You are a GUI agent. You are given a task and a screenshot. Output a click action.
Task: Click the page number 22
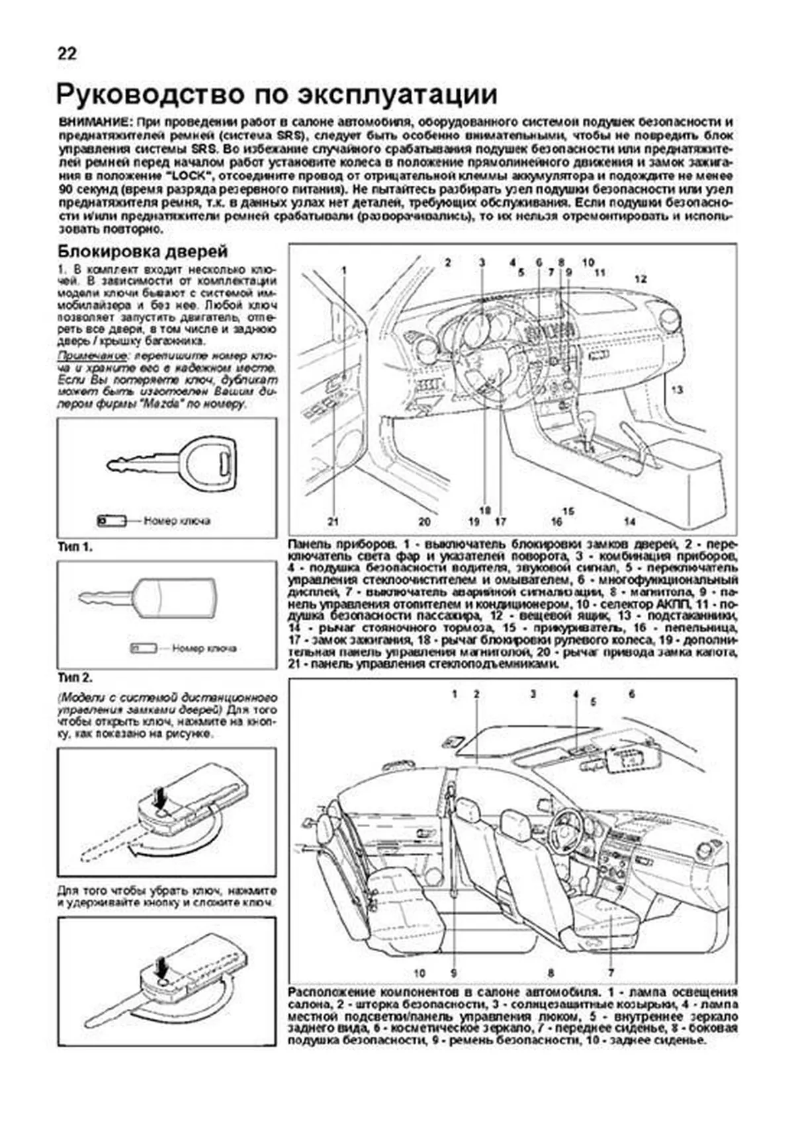(67, 54)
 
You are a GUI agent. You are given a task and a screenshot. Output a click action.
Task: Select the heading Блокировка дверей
(143, 251)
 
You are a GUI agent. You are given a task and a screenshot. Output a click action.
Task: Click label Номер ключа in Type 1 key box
(177, 521)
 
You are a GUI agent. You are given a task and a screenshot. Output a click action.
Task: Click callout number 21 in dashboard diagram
(333, 522)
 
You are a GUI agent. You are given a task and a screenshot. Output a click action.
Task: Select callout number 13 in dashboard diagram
(677, 390)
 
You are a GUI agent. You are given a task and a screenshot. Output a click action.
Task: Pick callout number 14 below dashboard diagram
(629, 522)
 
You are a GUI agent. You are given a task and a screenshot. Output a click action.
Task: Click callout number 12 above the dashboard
(640, 278)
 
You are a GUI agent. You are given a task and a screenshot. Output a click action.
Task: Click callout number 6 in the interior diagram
(632, 694)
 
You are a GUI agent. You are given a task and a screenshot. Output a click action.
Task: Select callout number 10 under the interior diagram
(419, 973)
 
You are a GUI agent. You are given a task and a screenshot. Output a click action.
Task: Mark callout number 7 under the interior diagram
(611, 973)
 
